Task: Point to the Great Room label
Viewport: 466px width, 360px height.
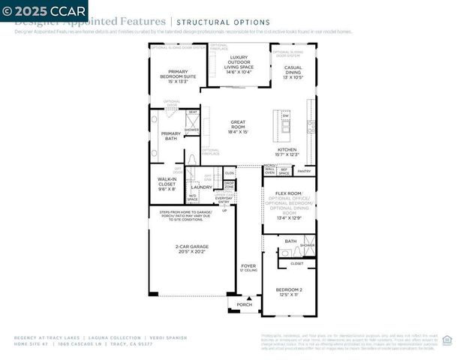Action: click(x=238, y=125)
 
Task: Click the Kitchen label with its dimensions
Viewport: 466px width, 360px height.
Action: click(x=287, y=152)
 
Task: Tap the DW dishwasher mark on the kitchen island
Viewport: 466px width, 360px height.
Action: click(x=285, y=115)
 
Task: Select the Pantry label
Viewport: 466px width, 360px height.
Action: click(x=304, y=171)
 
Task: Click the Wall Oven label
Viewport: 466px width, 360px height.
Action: click(x=269, y=171)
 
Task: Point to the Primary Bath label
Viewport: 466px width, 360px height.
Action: click(x=170, y=136)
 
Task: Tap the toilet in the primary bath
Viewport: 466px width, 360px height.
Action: click(x=192, y=159)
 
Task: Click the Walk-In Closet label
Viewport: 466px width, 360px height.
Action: click(x=167, y=184)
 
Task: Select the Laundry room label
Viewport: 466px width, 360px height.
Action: click(x=202, y=187)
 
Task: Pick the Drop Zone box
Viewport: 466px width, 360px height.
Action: click(x=229, y=184)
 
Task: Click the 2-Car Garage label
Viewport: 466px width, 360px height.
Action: click(x=191, y=249)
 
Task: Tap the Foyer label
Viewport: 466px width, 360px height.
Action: click(x=248, y=268)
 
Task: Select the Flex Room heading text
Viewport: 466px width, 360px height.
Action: click(x=288, y=193)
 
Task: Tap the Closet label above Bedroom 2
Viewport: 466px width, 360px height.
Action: click(x=296, y=263)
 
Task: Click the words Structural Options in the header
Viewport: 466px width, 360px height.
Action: click(x=212, y=22)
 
